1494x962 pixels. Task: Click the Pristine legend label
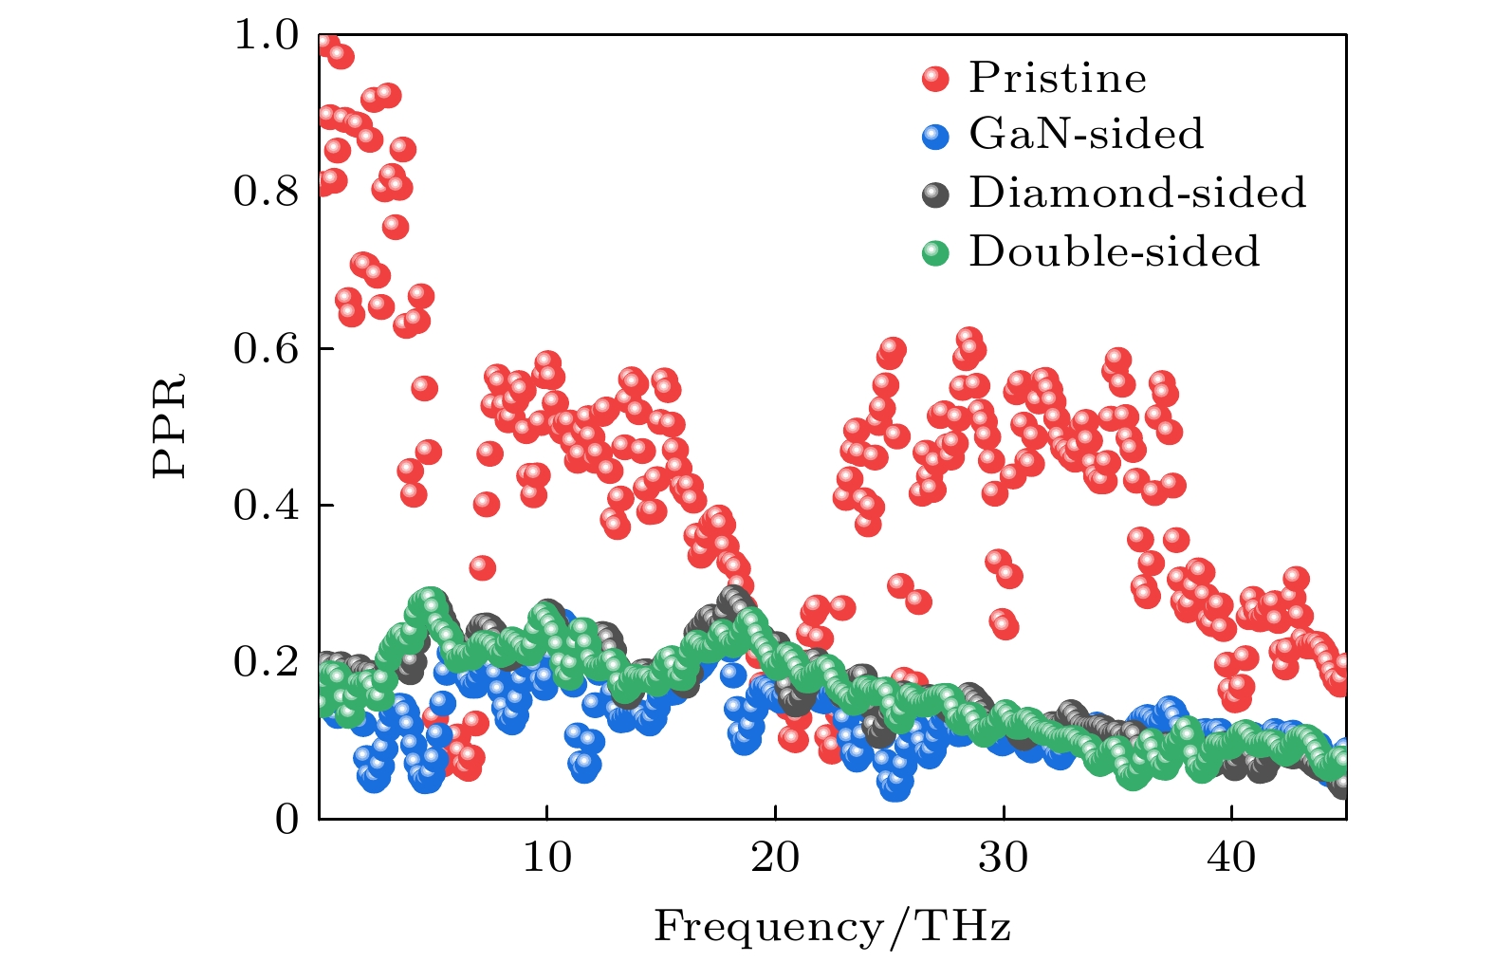(1057, 78)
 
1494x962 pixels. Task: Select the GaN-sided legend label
(1086, 135)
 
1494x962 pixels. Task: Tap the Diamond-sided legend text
(1137, 193)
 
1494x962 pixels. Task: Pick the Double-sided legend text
(1115, 251)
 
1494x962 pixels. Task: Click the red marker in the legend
(935, 79)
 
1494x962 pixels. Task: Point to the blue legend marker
(935, 136)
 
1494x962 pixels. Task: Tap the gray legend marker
(935, 194)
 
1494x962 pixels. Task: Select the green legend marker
(935, 252)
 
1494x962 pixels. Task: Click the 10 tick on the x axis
(547, 858)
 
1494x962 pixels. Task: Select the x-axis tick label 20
(775, 858)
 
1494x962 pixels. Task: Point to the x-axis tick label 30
(1004, 858)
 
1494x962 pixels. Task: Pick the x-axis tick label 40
(1231, 858)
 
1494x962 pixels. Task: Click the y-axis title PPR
(170, 426)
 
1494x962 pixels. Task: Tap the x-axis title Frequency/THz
(832, 926)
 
